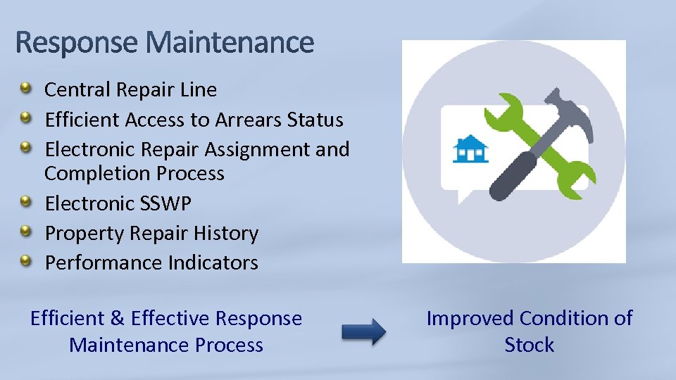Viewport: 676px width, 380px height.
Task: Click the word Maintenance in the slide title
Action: tap(230, 43)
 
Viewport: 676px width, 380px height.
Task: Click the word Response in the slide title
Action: tap(78, 43)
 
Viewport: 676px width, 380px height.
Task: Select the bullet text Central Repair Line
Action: tap(130, 90)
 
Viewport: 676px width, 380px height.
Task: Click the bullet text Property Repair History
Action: tap(151, 234)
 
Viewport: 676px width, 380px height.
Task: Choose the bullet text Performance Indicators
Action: tap(151, 263)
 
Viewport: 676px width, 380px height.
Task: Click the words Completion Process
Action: tap(134, 174)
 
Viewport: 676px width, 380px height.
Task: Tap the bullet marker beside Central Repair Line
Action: tap(25, 89)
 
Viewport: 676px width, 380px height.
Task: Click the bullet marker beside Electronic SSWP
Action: tap(25, 203)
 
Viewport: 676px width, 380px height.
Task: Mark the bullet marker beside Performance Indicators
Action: tap(25, 262)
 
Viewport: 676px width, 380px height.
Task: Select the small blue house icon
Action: tap(471, 149)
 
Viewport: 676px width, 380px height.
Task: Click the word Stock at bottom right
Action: tap(529, 346)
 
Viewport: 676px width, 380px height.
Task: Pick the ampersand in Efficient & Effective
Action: tap(117, 319)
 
